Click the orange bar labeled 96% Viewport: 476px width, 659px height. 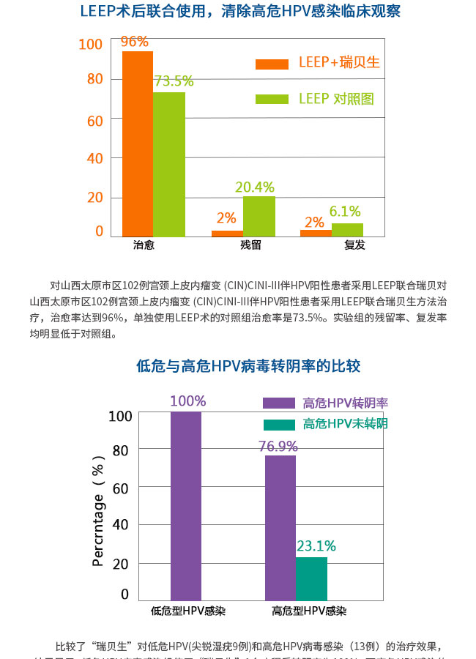pos(138,144)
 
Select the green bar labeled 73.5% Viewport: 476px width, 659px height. pos(169,163)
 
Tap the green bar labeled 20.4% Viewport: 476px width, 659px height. pos(259,216)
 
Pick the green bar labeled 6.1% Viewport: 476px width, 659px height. pos(347,229)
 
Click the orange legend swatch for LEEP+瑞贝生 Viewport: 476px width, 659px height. pos(272,64)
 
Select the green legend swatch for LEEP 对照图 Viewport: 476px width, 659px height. pos(272,99)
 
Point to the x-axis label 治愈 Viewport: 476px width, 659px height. pos(144,245)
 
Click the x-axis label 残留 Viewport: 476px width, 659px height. pos(250,245)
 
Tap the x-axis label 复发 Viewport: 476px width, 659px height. pos(354,245)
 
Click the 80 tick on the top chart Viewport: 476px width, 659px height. pos(95,79)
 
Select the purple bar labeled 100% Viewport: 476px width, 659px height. pos(186,506)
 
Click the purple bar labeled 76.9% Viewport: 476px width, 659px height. pos(280,528)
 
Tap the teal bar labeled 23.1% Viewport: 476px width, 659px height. pos(311,578)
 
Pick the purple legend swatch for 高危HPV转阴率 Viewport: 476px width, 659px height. pos(278,403)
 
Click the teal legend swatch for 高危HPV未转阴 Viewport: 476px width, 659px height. pos(278,424)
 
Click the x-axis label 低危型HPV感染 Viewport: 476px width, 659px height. pos(187,611)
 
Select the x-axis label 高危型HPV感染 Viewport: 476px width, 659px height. pos(308,611)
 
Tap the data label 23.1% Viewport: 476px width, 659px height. pos(316,546)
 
